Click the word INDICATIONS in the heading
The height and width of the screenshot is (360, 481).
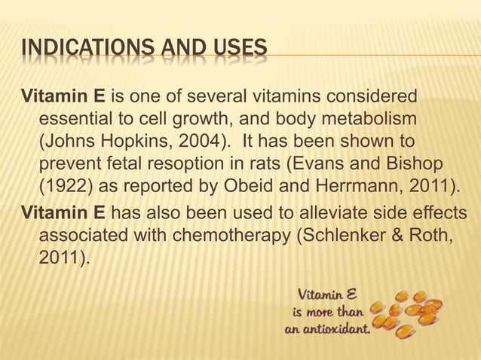(75, 50)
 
